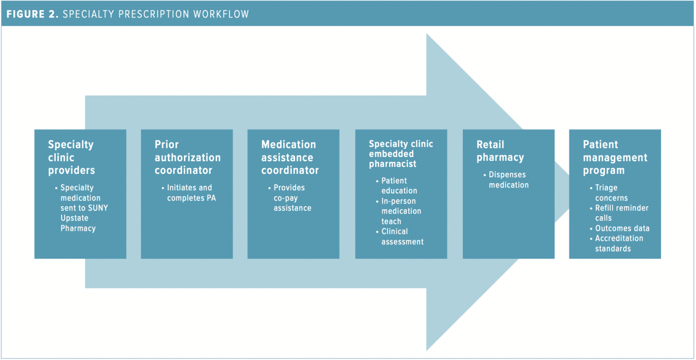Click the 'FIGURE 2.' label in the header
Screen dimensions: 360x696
coord(32,14)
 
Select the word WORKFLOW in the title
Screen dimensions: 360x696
coord(221,14)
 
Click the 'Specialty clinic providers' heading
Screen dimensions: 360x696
coord(71,157)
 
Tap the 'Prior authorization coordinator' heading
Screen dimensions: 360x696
coord(187,157)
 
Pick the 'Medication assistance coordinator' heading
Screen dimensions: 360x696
coord(290,157)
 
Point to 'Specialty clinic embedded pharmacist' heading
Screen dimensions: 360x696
coord(401,154)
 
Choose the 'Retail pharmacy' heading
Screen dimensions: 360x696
coord(500,151)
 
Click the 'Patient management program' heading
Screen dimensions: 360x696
coord(615,157)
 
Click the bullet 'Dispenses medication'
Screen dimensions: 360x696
coord(508,180)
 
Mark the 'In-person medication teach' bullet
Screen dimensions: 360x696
coord(401,211)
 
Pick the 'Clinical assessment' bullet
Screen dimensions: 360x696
coord(402,237)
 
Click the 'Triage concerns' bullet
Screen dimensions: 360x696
coord(610,193)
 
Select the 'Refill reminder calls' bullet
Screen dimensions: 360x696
coord(621,213)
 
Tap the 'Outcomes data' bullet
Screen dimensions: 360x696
coord(622,228)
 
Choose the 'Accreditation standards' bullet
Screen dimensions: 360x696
coord(618,243)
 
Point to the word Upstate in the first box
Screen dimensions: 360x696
coord(74,218)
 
